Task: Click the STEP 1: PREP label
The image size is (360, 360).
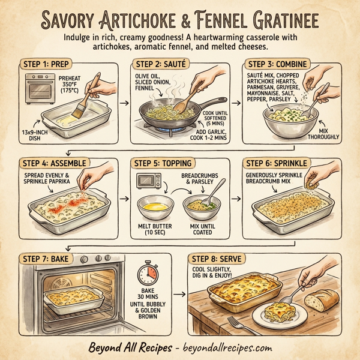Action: click(x=47, y=64)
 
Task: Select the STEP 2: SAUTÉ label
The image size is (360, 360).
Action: click(x=159, y=64)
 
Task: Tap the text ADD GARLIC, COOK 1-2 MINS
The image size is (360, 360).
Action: click(x=210, y=135)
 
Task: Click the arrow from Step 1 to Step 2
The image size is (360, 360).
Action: click(x=124, y=104)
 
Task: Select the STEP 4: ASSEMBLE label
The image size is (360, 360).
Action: click(x=55, y=163)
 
